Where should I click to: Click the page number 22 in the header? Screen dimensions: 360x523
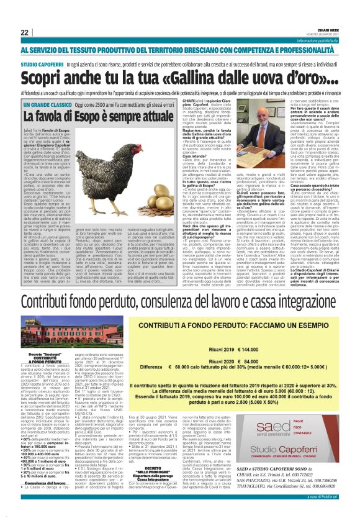tap(25, 32)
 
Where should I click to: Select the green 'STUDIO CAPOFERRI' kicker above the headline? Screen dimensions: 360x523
tap(43, 64)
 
